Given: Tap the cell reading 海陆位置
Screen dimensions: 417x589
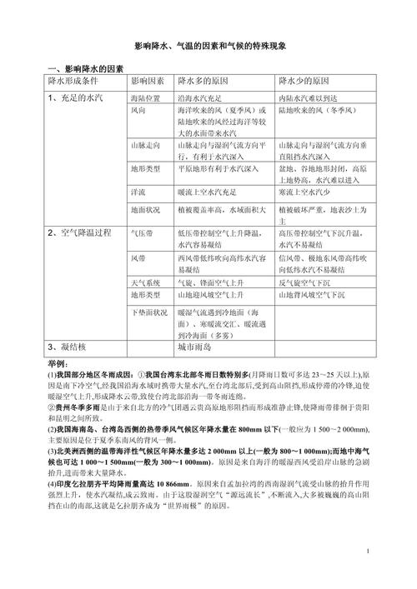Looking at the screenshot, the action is coord(145,98).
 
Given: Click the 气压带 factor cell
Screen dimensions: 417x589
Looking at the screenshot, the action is coord(142,234).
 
